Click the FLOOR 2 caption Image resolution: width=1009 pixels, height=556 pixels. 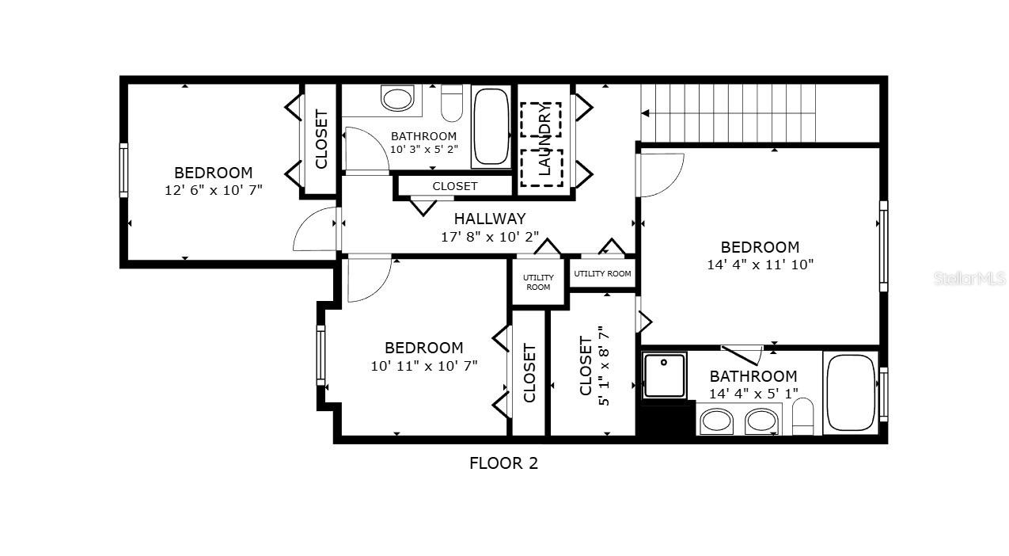[x=503, y=463]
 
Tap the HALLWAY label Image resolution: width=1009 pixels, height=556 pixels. [x=490, y=219]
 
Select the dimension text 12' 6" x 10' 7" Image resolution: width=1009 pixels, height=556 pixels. [x=213, y=190]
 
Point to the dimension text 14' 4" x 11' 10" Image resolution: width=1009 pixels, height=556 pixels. [x=760, y=265]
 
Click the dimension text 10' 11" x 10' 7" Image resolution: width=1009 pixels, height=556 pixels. [x=424, y=366]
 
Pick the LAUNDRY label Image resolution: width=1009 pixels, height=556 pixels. [x=544, y=139]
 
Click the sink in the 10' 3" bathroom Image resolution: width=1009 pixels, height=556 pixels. [x=396, y=99]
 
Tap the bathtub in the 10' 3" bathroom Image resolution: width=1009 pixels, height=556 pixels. [x=491, y=127]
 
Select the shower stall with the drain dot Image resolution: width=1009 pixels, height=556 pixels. [x=665, y=376]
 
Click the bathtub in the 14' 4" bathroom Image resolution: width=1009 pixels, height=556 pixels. [x=851, y=393]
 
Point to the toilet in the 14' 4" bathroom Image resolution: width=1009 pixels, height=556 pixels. [x=802, y=417]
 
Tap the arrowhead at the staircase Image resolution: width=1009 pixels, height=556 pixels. [x=645, y=113]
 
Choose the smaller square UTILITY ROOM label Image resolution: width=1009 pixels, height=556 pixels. [x=538, y=282]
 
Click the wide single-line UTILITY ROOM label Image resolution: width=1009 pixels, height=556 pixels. [x=602, y=274]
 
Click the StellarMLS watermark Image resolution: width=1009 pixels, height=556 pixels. [x=969, y=278]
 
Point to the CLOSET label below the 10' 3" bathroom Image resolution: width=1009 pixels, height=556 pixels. [x=454, y=186]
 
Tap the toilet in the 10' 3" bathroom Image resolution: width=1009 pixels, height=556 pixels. [x=452, y=103]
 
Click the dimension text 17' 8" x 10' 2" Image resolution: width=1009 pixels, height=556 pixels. [x=490, y=237]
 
